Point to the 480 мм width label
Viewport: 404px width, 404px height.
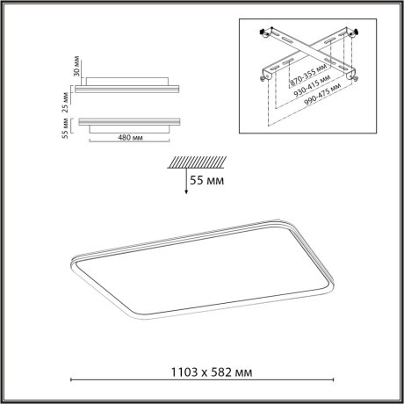click(x=131, y=138)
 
